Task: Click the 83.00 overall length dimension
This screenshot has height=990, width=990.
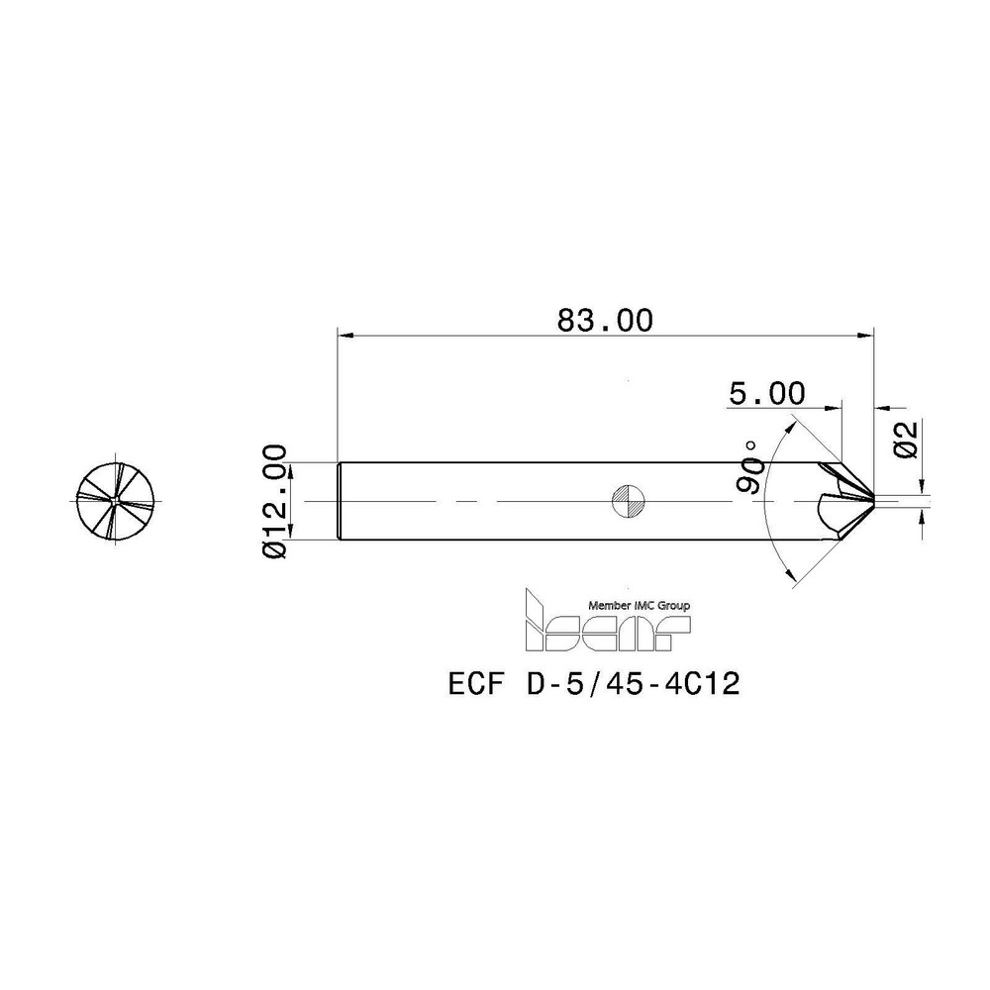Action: (605, 320)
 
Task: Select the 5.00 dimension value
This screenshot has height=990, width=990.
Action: (766, 393)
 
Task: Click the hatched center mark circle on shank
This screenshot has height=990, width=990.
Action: (628, 501)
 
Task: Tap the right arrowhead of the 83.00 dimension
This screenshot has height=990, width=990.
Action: (867, 335)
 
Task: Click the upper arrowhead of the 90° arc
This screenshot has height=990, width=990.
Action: (792, 423)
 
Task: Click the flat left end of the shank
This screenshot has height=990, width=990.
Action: (340, 501)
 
